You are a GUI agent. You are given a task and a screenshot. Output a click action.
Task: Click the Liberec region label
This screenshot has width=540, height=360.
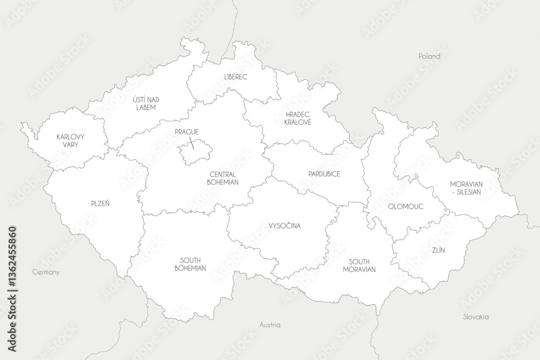pos(235,77)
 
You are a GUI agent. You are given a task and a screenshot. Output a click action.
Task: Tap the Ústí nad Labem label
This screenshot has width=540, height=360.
pos(146,103)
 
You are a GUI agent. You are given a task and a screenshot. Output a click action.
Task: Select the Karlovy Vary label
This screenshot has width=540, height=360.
pos(71,141)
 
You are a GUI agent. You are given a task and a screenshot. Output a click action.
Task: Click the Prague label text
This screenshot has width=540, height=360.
pos(187,132)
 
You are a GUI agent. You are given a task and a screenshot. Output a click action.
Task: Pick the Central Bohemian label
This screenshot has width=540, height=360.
pos(222,178)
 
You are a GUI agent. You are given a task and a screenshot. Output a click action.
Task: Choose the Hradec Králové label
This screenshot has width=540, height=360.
pos(298,118)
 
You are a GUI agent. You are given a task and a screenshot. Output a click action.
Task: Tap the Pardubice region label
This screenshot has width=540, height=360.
pos(324,174)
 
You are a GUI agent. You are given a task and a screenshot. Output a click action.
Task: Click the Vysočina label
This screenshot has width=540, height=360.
pos(285,226)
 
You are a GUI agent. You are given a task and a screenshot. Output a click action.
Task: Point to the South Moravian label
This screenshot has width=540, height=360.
pos(359,265)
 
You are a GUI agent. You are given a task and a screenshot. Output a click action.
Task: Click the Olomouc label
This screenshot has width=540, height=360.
pos(405,206)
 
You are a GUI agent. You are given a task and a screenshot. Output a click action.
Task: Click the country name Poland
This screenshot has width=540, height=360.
pos(429,56)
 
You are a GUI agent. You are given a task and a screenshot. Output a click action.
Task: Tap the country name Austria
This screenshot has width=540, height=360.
pos(270,325)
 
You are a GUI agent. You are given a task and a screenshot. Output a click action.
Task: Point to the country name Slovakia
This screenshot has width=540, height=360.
pos(476,317)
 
